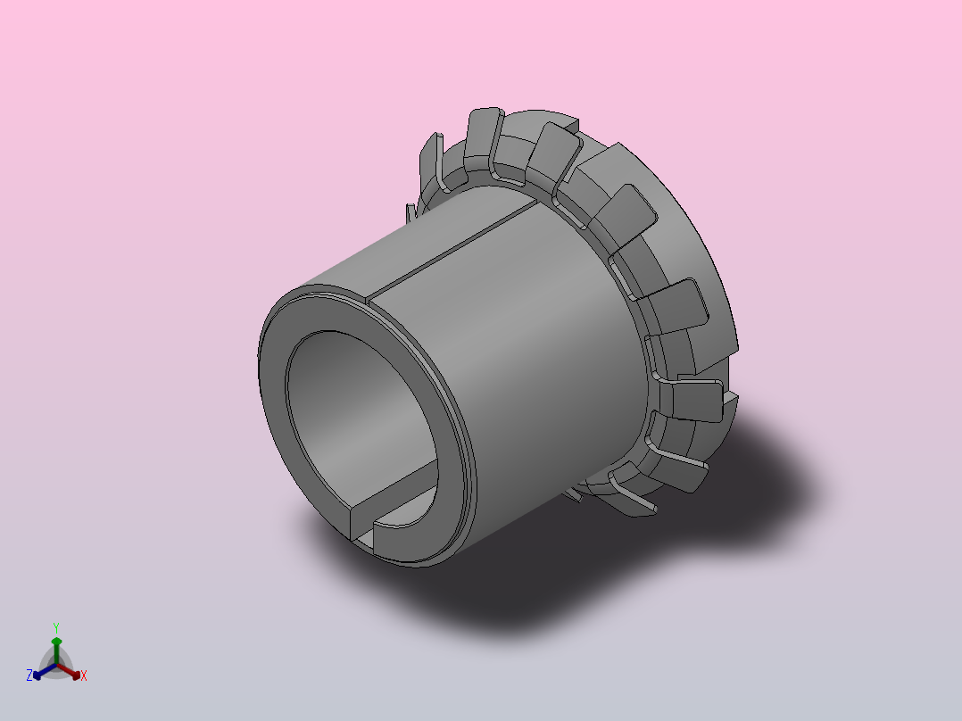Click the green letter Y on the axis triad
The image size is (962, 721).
(56, 627)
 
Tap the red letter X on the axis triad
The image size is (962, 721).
(84, 675)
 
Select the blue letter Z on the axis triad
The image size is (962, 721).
(29, 675)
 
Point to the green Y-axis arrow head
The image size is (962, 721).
(56, 642)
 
